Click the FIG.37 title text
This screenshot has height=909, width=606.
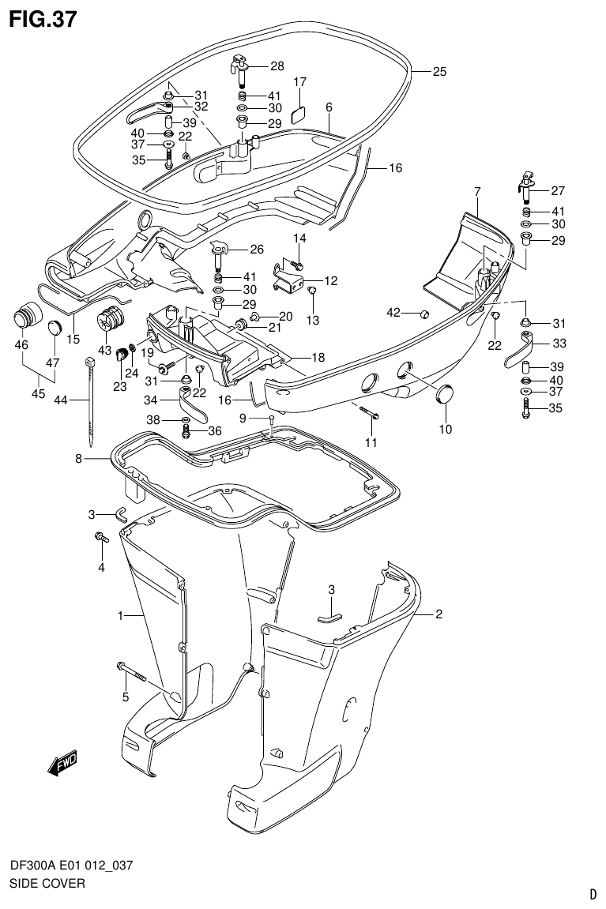coord(43,19)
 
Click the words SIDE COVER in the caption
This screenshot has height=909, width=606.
coord(47,882)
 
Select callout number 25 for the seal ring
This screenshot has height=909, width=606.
coord(439,72)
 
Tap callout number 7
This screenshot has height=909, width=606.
coord(477,191)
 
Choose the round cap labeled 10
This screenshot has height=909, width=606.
coord(446,393)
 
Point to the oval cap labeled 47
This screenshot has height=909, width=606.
coord(53,328)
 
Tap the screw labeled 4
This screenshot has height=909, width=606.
coord(101,539)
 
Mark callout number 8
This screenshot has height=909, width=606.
coord(79,458)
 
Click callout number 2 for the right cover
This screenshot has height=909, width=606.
coord(439,614)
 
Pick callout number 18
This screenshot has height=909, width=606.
coord(318,358)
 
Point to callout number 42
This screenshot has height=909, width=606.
coord(393,314)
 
